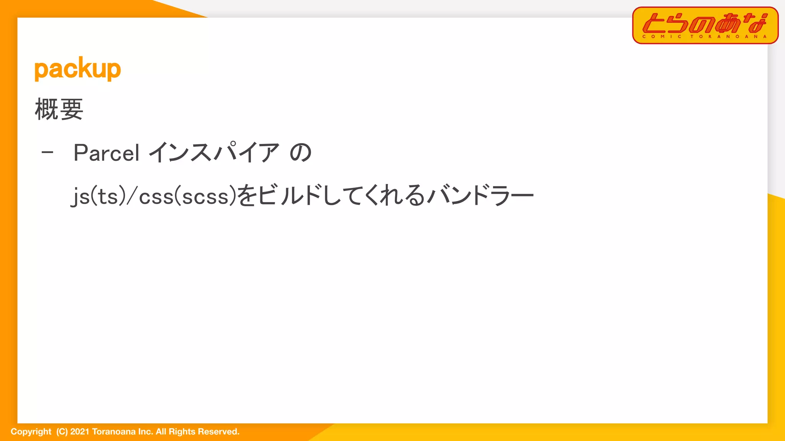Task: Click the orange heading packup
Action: click(x=77, y=69)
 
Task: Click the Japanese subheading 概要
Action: click(x=59, y=109)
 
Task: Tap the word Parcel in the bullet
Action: click(x=106, y=153)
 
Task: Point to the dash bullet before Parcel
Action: click(x=47, y=153)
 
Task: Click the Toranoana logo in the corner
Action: click(x=705, y=25)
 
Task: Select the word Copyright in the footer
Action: click(x=31, y=432)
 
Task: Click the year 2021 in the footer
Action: click(x=80, y=432)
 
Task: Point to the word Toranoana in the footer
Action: click(x=114, y=432)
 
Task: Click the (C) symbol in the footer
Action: click(x=62, y=432)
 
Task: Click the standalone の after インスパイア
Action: click(x=301, y=153)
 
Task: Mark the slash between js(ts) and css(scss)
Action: click(x=132, y=196)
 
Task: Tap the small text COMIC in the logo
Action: click(x=662, y=37)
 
